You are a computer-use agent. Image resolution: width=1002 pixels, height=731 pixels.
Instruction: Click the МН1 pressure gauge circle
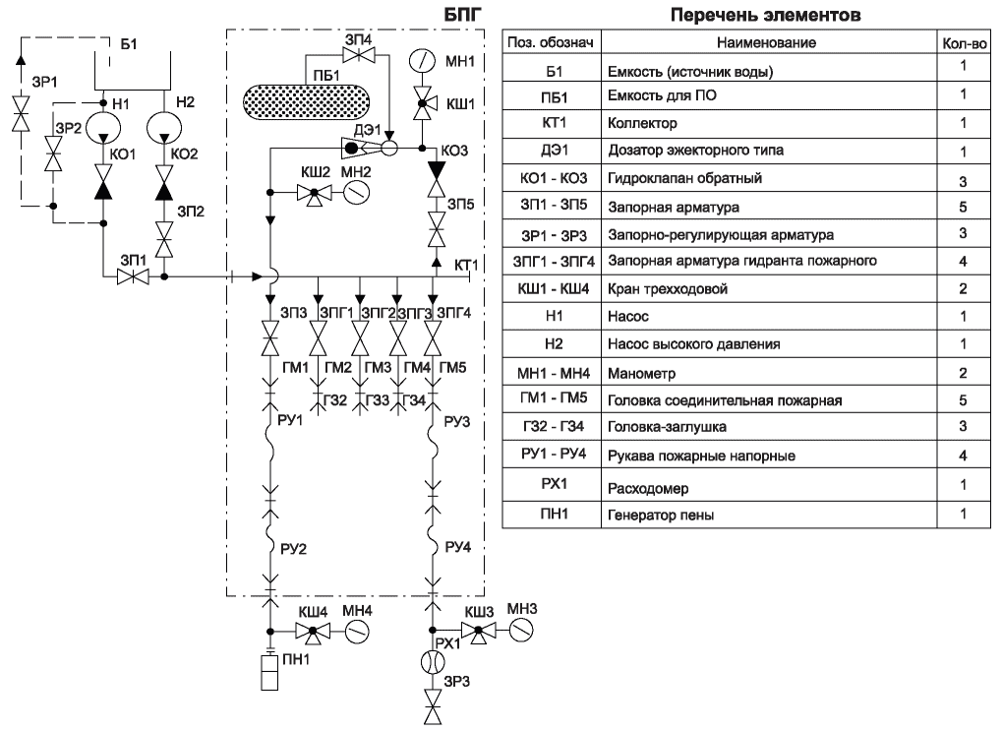[x=422, y=61]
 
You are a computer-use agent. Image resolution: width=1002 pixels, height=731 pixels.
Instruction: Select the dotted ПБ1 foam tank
[x=307, y=101]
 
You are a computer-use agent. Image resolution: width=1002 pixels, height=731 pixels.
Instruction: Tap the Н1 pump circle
[x=102, y=127]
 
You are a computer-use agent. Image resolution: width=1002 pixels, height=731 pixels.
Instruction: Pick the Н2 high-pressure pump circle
[x=164, y=127]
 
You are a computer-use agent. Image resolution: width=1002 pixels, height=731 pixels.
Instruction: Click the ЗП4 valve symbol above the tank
[x=359, y=55]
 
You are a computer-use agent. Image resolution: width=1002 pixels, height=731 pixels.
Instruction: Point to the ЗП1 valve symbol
[x=133, y=276]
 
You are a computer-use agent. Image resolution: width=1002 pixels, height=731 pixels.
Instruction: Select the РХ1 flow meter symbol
[x=433, y=662]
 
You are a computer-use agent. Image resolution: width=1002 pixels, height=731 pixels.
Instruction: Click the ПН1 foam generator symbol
[x=269, y=672]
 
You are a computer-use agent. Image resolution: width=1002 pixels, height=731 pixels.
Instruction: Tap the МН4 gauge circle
[x=357, y=632]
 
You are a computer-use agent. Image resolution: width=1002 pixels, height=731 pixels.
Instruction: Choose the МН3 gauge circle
[x=521, y=630]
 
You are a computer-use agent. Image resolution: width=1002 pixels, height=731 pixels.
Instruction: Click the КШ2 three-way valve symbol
[x=314, y=194]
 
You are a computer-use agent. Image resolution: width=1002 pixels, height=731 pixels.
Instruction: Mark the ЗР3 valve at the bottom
[x=434, y=706]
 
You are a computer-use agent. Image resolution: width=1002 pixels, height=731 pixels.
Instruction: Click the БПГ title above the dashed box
[x=461, y=14]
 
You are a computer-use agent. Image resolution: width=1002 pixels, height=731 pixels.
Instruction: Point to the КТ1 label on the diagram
[x=466, y=265]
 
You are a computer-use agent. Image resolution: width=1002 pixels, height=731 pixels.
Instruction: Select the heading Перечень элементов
[x=766, y=16]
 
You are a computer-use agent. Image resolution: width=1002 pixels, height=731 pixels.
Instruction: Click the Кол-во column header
[x=965, y=43]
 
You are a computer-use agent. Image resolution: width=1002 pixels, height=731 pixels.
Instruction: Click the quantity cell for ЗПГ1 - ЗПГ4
[x=964, y=261]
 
